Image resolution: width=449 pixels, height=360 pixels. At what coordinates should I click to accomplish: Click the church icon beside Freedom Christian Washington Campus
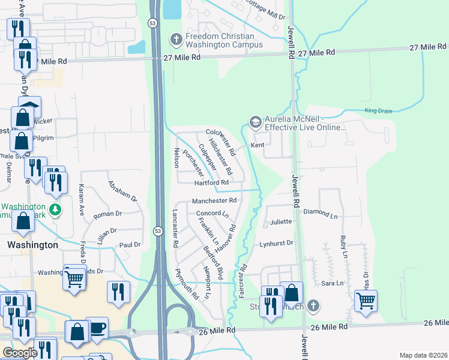point(176,40)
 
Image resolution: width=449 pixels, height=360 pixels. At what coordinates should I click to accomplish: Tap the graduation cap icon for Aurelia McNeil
point(255,122)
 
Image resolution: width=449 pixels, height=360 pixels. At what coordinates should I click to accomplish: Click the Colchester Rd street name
point(221,142)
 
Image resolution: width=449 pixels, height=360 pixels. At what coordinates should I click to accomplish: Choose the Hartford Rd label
point(211,182)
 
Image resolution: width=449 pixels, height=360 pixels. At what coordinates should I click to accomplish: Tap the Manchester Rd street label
point(214,200)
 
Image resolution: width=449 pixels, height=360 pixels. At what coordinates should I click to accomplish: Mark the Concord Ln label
point(212,214)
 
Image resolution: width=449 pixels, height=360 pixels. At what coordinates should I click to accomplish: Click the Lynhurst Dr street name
point(276,244)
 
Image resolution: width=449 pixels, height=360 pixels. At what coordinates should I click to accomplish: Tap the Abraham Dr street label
point(122,190)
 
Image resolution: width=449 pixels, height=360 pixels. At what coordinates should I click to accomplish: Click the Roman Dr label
point(108,213)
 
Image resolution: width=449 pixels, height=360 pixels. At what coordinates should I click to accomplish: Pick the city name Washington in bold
point(32,245)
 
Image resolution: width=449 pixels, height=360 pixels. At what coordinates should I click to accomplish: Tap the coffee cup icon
point(97,326)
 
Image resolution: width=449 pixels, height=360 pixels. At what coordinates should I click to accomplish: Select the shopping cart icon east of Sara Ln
point(366,299)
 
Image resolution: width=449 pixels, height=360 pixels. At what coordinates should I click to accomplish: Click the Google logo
point(20,353)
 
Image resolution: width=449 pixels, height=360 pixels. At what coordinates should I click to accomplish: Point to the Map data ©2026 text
point(423,355)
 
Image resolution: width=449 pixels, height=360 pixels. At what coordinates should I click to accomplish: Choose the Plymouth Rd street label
point(187,283)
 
